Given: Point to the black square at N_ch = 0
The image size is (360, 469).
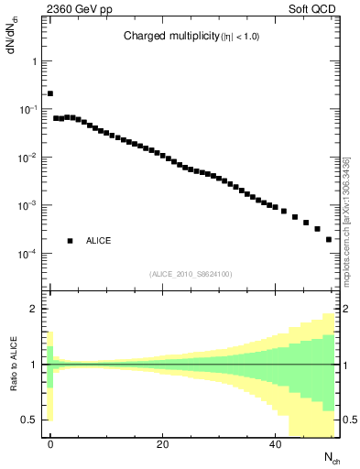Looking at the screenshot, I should (x=50, y=93).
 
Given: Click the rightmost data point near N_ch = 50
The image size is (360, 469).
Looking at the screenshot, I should (x=329, y=239).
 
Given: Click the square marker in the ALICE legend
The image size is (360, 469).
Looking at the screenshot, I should (x=70, y=241).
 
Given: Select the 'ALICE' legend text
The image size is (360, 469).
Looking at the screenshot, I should (x=99, y=241).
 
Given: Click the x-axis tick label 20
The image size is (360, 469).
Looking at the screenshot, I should (x=162, y=445).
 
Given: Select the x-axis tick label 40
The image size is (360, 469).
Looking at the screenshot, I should (x=274, y=445).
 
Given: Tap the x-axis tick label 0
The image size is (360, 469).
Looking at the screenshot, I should (x=50, y=445).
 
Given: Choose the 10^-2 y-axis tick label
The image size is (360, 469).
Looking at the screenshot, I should (x=29, y=158).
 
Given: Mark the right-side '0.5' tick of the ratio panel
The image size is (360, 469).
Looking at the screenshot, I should (x=349, y=420).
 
